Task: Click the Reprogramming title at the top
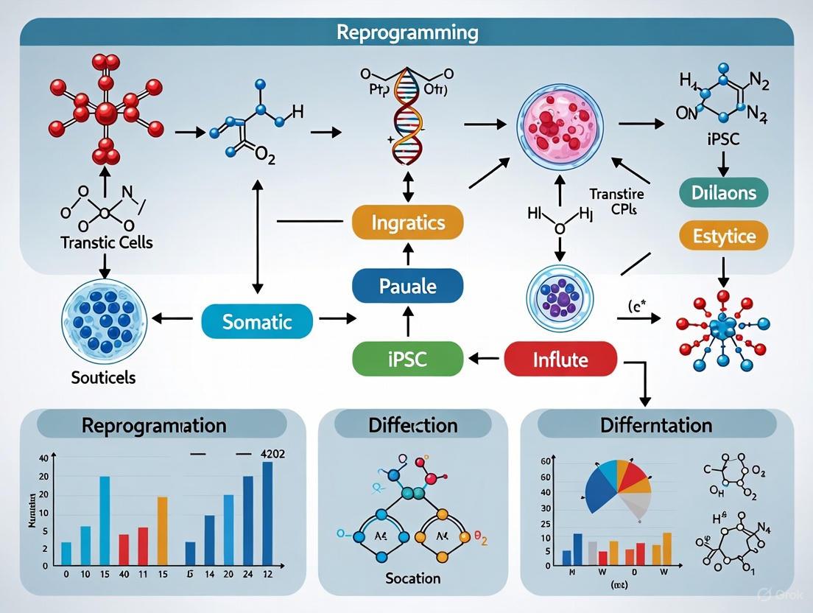coord(406,33)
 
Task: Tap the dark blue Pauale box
coord(407,285)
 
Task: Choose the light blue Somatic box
coord(257,322)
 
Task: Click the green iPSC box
coord(407,360)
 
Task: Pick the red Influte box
coord(560,360)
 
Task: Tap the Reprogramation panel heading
coord(154,425)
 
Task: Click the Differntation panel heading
coord(656,425)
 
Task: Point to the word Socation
coord(413,578)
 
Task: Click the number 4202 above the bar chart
coord(269,455)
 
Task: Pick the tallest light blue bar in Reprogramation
coord(105,521)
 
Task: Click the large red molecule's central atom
coord(105,113)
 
